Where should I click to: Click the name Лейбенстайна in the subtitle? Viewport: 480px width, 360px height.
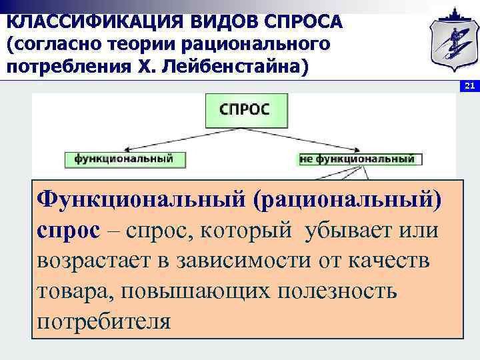pos(239,68)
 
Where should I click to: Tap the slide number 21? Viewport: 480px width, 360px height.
pos(469,86)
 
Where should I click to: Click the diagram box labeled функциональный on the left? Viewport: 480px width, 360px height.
pos(124,159)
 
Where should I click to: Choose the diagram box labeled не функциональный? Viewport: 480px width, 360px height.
pos(357,159)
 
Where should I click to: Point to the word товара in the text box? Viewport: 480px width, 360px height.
pos(73,291)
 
